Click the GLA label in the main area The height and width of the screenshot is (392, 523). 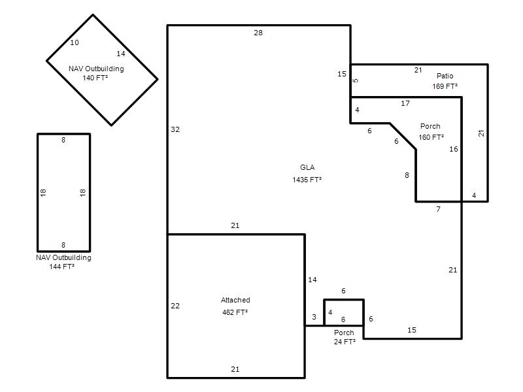(307, 167)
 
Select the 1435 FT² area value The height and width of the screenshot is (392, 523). (307, 180)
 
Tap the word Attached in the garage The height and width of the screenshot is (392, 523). (235, 300)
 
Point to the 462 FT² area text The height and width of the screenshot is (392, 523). (235, 312)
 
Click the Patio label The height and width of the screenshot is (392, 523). (445, 76)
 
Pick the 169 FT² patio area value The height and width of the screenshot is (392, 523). (445, 86)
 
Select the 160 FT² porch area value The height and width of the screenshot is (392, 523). (431, 137)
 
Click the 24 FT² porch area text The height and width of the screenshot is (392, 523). (345, 342)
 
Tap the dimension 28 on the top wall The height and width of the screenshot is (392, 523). (258, 33)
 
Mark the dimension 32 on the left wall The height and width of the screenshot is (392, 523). (175, 129)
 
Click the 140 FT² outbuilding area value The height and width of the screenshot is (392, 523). (95, 78)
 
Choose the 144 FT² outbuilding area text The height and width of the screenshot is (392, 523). (61, 267)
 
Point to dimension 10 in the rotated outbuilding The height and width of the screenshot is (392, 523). (75, 42)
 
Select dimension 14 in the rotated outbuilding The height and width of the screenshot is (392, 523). (121, 54)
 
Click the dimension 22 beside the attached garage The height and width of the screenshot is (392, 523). (175, 306)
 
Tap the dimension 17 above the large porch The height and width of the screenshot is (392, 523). (405, 103)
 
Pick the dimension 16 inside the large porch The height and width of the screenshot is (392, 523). (453, 149)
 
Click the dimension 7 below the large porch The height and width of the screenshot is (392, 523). (438, 209)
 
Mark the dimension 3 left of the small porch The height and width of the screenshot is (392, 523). (314, 317)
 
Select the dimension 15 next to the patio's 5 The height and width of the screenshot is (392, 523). (341, 74)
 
